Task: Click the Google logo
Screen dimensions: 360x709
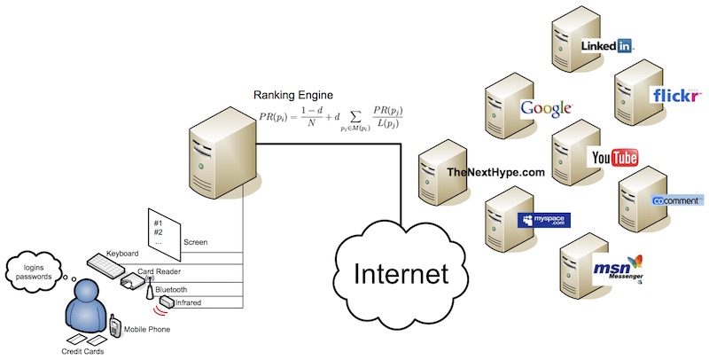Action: tap(544, 108)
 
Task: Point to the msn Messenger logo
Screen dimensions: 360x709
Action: tap(618, 270)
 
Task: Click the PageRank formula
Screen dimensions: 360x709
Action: tap(331, 116)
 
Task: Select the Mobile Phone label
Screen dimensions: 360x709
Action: tap(145, 330)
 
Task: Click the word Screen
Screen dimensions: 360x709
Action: tap(194, 241)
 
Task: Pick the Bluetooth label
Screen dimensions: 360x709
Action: tap(170, 290)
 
